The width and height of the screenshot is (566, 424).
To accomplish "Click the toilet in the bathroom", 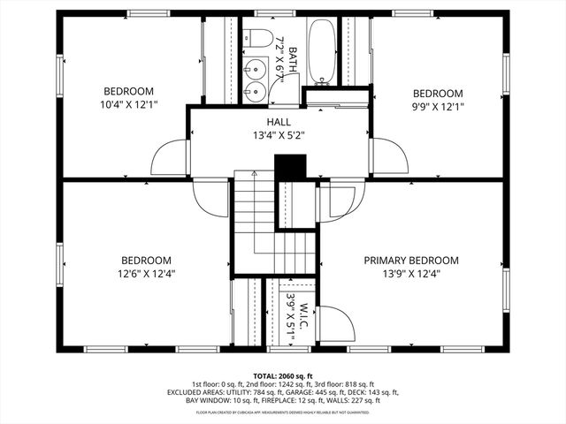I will point(259,39).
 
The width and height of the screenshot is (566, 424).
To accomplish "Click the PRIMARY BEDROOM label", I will point(412,261).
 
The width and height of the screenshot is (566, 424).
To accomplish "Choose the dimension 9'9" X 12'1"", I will point(438,107).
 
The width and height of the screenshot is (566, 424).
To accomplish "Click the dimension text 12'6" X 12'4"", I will point(146,274).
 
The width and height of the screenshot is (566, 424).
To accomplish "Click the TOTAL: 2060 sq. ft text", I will point(283,375).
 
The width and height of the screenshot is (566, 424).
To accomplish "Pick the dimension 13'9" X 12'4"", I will point(412,274).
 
